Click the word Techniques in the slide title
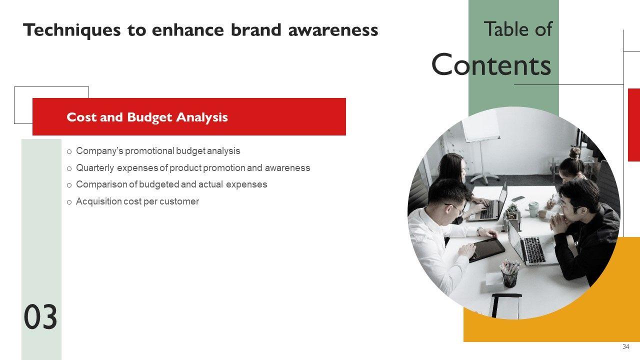pyautogui.click(x=71, y=30)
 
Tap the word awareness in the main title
pyautogui.click(x=333, y=30)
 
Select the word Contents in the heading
pyautogui.click(x=491, y=64)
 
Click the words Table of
pyautogui.click(x=518, y=29)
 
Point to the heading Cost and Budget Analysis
pyautogui.click(x=147, y=117)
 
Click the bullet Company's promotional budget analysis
pyautogui.click(x=158, y=151)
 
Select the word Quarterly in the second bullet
pyautogui.click(x=95, y=168)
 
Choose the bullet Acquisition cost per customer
pyautogui.click(x=137, y=201)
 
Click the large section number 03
pyautogui.click(x=40, y=317)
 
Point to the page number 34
pyautogui.click(x=625, y=346)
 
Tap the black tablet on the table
pyautogui.click(x=487, y=250)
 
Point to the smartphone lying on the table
pyautogui.click(x=518, y=198)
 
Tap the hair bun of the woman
pyautogui.click(x=575, y=153)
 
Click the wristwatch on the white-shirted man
pyautogui.click(x=479, y=231)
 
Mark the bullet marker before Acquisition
pyautogui.click(x=69, y=202)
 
